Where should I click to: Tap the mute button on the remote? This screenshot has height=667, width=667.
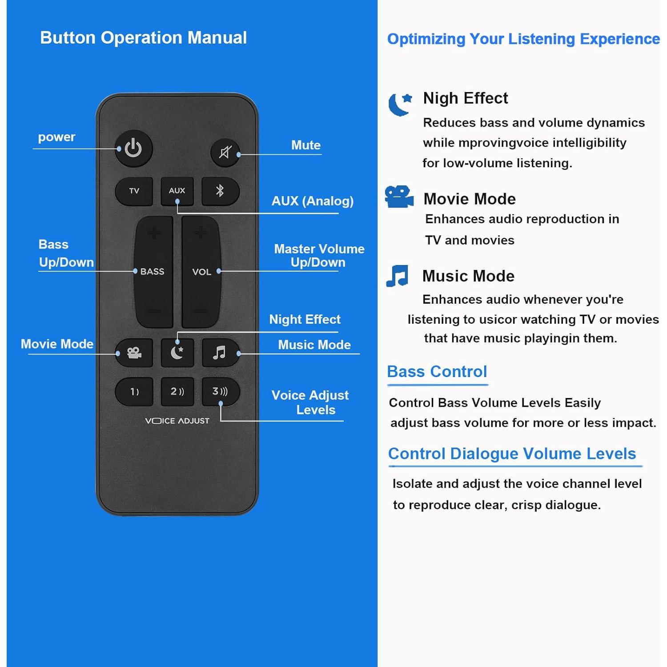(x=225, y=153)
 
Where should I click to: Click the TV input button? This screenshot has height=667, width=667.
(x=134, y=191)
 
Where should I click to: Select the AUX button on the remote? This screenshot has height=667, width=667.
(x=177, y=191)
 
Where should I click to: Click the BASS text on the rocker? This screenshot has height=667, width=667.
(x=152, y=271)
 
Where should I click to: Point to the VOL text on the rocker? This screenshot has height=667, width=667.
(x=201, y=272)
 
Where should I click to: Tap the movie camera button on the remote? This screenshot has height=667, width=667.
(x=134, y=353)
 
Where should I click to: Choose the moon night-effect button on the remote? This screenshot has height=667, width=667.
(x=177, y=353)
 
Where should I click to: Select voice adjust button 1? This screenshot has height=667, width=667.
(x=134, y=392)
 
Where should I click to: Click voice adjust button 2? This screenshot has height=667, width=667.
(x=177, y=392)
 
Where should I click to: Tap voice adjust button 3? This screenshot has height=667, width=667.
(x=220, y=392)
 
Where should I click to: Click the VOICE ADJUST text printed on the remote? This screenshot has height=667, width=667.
(x=177, y=421)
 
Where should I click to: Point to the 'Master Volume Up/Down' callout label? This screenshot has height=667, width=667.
(x=319, y=255)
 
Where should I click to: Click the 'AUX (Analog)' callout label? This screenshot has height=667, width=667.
(x=313, y=201)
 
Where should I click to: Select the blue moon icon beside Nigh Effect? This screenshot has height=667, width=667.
(x=400, y=104)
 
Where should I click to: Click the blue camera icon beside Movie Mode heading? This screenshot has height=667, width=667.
(x=399, y=197)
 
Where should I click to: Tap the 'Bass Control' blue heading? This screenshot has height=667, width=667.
(x=437, y=371)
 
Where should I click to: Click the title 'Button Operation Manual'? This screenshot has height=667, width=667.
(x=143, y=38)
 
